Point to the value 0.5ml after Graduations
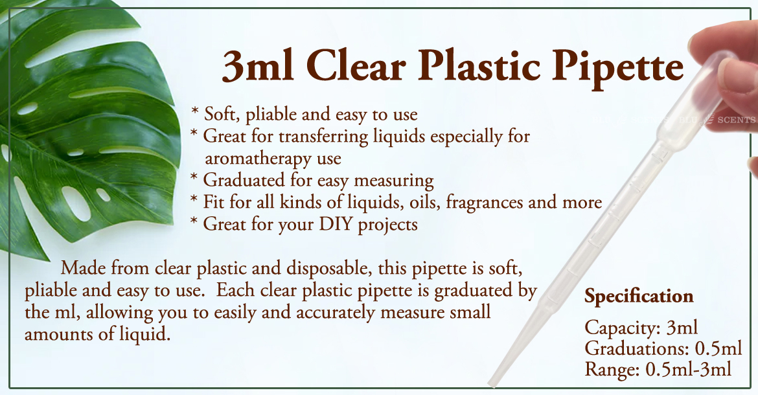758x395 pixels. (718, 348)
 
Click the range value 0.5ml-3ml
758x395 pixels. (689, 370)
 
